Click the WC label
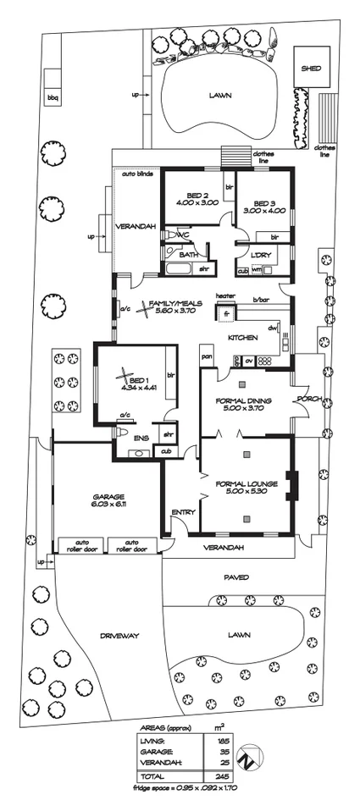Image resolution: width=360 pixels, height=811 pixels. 181,233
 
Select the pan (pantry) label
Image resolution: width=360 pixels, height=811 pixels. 206,357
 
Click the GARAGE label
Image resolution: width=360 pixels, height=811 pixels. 108,496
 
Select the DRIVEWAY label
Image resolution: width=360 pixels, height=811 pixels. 118,633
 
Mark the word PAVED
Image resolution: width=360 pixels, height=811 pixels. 235,578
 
